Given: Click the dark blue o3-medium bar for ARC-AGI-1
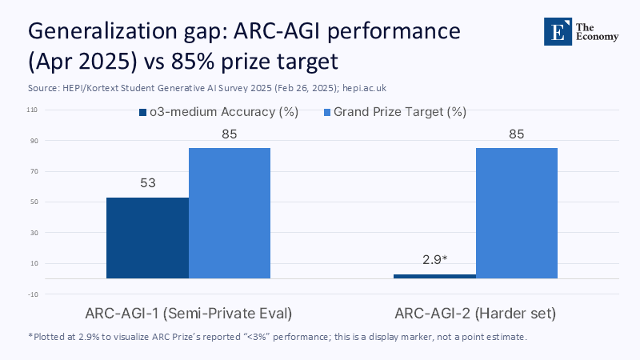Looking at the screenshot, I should [x=147, y=238].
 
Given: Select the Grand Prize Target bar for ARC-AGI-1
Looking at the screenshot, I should [x=230, y=213].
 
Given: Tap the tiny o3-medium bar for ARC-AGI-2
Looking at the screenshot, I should [x=434, y=276].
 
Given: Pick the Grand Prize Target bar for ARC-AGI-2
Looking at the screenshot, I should [x=517, y=213].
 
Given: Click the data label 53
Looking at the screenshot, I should [x=148, y=183].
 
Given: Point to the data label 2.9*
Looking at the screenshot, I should [x=434, y=259].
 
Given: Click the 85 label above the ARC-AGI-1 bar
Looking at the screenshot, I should [x=230, y=134].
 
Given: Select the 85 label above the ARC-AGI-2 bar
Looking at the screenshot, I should [x=517, y=134].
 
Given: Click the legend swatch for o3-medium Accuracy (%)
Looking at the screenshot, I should [x=143, y=113].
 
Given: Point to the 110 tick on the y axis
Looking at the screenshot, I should [x=33, y=110].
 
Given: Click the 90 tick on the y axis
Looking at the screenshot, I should [x=34, y=141].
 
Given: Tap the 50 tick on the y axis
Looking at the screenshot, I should [x=34, y=202].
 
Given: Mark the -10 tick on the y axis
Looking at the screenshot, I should [x=33, y=294].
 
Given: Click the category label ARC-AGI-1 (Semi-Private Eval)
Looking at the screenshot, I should [x=189, y=311].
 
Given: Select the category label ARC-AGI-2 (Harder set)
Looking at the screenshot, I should [x=476, y=311].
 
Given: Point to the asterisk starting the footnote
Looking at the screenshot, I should [x=30, y=336].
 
